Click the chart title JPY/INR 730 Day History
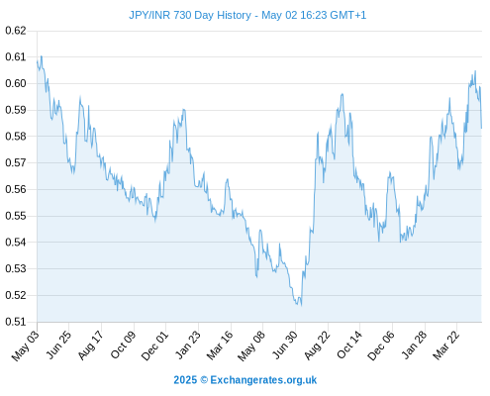coord(190,15)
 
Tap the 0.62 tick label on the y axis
coord(16,31)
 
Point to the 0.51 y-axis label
coord(16,322)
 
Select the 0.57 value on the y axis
coord(16,162)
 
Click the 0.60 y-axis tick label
coord(16,83)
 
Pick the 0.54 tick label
coord(16,243)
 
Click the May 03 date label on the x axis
coord(25,346)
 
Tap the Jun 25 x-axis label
coord(58,345)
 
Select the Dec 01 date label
coord(154,346)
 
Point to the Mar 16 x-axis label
coord(220,346)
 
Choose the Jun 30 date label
coord(285,345)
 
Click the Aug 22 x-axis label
coord(317,346)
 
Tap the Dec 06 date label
coord(381,346)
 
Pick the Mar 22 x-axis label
coord(445,346)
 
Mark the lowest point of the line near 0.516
coord(301,306)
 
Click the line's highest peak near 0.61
coord(42,56)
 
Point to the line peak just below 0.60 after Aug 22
coord(343,94)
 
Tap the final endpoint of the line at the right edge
coord(482,128)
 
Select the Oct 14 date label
coord(349,345)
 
